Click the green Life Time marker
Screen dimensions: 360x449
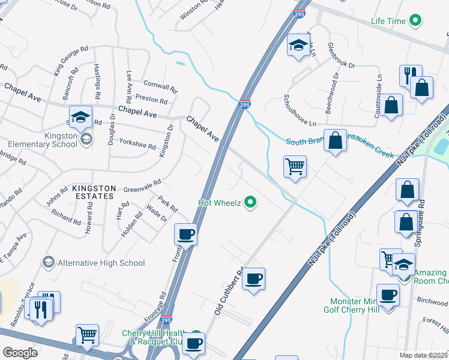tap(415, 21)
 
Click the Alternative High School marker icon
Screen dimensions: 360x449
tap(48, 262)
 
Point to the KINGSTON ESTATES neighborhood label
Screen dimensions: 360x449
tap(92, 192)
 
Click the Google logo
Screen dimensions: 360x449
tap(20, 352)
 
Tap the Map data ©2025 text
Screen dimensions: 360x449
tap(423, 355)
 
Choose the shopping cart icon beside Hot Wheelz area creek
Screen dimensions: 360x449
tap(295, 166)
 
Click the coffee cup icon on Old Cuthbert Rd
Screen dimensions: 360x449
tap(254, 279)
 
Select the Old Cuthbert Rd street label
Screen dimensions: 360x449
tap(228, 291)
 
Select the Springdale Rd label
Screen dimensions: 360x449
tap(421, 222)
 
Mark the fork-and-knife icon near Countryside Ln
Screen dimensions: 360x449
tap(410, 76)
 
